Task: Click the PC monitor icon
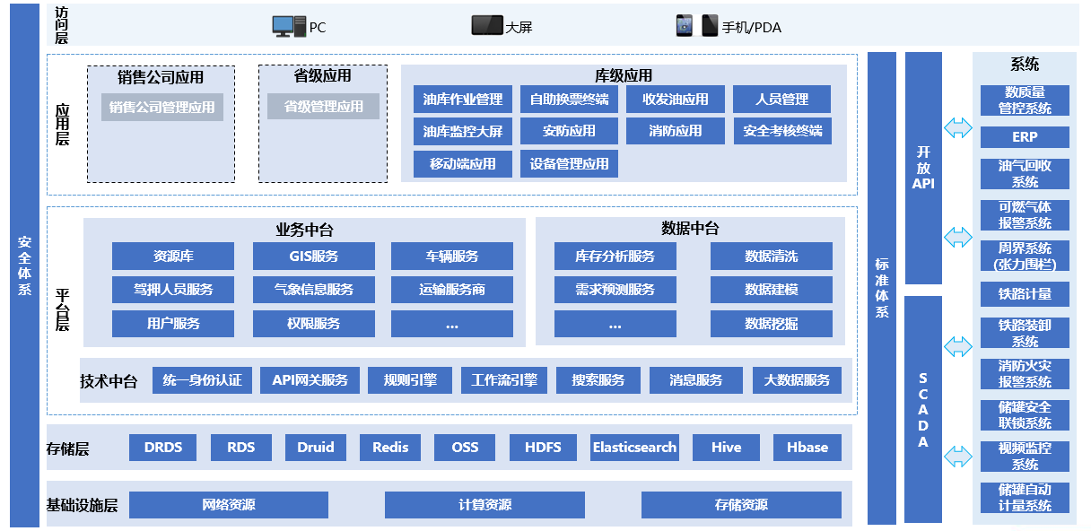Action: (288, 27)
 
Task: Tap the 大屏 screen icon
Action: (486, 26)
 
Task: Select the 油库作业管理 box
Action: (463, 100)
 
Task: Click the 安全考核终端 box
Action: (782, 131)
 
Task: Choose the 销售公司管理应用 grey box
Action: (162, 107)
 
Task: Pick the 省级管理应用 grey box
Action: (323, 107)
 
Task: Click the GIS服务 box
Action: (313, 257)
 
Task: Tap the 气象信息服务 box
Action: (313, 290)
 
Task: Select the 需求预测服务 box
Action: (615, 290)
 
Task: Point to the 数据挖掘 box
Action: (771, 324)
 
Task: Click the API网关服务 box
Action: (310, 380)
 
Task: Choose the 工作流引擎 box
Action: (504, 380)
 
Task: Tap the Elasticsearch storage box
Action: (634, 448)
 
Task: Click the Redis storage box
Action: (390, 448)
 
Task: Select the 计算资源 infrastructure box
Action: (484, 505)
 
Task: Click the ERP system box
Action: (1024, 137)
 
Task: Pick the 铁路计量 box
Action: (1024, 293)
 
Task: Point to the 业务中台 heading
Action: (304, 230)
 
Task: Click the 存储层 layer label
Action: (68, 448)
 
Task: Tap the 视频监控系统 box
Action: (1024, 456)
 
